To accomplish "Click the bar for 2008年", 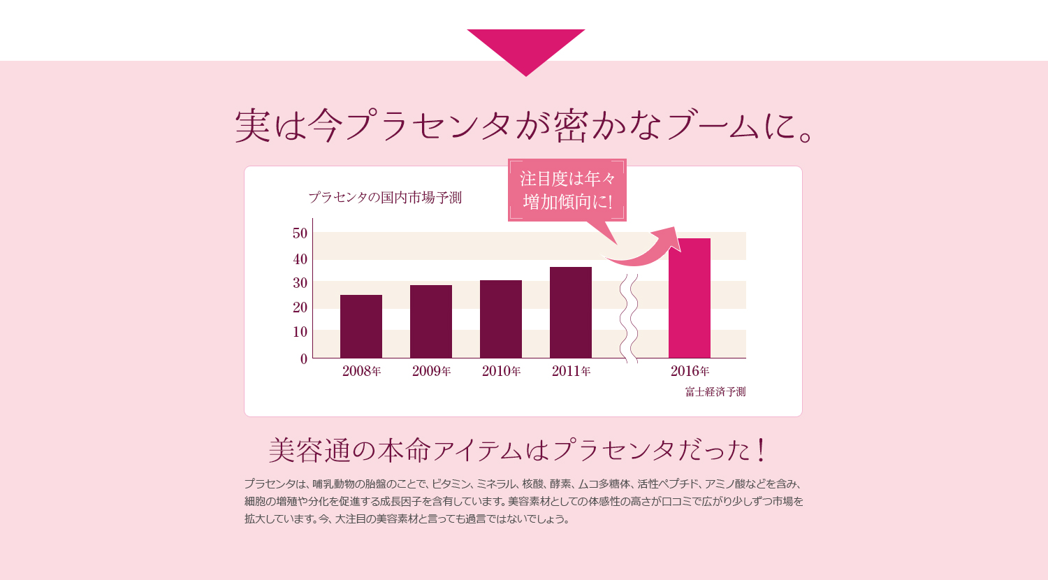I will click(x=361, y=326).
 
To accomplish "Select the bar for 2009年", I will click(x=431, y=321).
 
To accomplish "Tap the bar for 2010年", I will click(x=501, y=319).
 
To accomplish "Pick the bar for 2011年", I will click(x=571, y=312).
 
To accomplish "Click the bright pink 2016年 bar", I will click(x=690, y=298).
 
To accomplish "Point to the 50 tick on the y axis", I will click(x=300, y=233).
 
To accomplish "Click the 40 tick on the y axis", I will click(x=300, y=259).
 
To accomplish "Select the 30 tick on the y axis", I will click(x=300, y=283).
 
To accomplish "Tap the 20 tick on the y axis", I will click(x=300, y=307).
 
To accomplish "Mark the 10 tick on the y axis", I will click(x=300, y=332).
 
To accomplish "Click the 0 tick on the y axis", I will click(x=303, y=359).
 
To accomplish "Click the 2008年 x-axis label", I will click(x=361, y=371).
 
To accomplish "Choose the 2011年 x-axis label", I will click(x=571, y=371).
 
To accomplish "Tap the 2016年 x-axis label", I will click(x=690, y=371).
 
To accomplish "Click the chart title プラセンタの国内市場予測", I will click(x=385, y=198).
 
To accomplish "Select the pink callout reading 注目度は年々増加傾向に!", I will click(x=567, y=190).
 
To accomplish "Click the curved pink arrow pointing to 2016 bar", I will click(x=646, y=249).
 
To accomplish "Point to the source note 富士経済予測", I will click(x=715, y=392).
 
